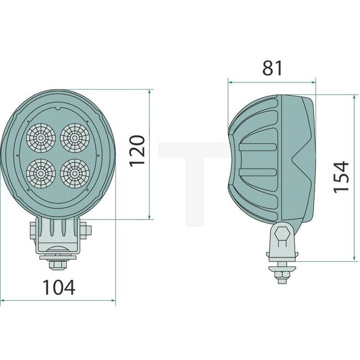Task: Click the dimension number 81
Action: (272, 68)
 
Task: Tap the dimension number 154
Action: (341, 177)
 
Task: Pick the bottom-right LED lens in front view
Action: (73, 172)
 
